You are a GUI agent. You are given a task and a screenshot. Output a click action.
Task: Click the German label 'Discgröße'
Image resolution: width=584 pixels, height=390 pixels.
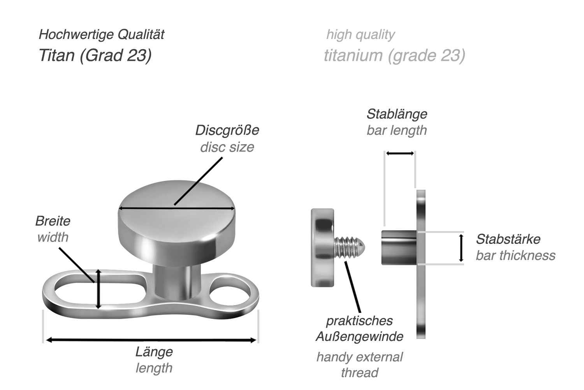point(227,130)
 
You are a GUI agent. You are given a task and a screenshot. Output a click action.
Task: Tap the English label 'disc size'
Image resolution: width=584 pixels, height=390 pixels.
point(227,147)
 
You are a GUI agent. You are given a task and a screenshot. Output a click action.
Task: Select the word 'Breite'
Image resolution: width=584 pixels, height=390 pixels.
point(53,221)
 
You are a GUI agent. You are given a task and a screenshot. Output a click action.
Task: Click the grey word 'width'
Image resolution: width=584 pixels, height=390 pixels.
point(53,237)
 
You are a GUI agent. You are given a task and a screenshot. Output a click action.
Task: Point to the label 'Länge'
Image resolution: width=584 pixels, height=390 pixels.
point(154,352)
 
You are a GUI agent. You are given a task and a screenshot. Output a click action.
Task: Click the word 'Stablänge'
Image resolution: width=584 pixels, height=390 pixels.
point(397,114)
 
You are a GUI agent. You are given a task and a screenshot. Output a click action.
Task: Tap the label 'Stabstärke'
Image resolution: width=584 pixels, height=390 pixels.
point(508,239)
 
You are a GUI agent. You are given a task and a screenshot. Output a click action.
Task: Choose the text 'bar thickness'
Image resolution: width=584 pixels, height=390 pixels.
point(515,256)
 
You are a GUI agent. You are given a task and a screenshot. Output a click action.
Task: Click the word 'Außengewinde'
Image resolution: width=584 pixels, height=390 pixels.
point(359,337)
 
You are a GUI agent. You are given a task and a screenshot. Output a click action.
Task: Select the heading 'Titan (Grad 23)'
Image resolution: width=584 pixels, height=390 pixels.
point(95,55)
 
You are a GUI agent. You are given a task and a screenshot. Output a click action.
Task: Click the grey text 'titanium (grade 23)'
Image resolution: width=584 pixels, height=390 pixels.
point(394,55)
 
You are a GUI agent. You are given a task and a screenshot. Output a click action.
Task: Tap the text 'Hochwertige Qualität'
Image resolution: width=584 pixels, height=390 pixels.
point(101,34)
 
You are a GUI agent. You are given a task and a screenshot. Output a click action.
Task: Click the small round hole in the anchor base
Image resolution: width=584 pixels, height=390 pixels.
point(229,289)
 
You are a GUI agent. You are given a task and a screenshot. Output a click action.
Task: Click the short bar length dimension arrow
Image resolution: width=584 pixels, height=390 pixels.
point(400,154)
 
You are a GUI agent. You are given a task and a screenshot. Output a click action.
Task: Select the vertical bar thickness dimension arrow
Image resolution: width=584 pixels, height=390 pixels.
point(461,248)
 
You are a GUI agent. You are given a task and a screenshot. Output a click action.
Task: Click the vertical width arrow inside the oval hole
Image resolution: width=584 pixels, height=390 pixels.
point(99,289)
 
